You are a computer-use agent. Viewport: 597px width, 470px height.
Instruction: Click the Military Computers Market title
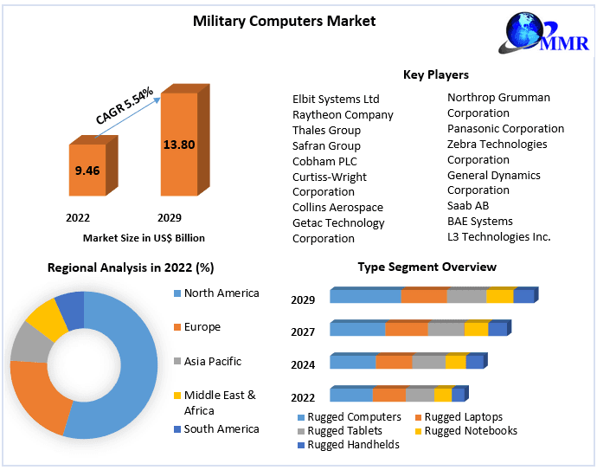click(284, 21)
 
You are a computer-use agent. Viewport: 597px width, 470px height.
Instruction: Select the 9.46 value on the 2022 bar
click(87, 171)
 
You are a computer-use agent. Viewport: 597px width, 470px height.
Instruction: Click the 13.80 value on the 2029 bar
click(178, 144)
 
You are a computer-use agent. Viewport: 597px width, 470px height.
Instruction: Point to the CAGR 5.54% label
click(125, 106)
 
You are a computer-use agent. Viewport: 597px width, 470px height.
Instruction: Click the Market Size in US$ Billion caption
click(144, 237)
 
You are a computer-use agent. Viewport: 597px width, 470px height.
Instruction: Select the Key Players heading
click(435, 75)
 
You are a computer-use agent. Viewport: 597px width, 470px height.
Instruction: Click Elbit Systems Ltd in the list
click(336, 100)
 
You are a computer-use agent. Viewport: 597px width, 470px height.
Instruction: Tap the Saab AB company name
click(468, 206)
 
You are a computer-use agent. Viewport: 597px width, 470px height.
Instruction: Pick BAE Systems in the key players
click(479, 222)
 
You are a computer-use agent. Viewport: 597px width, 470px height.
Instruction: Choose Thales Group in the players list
click(326, 131)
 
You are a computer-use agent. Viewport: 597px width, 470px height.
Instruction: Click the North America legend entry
click(221, 293)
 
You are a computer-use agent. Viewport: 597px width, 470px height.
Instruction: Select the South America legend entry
click(221, 429)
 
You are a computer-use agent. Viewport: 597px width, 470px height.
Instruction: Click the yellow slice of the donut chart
click(47, 319)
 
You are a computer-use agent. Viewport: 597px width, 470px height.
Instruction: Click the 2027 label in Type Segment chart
click(303, 332)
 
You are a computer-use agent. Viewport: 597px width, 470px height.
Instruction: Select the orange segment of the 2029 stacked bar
click(423, 296)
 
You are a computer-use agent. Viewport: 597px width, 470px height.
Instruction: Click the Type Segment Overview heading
click(427, 267)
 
